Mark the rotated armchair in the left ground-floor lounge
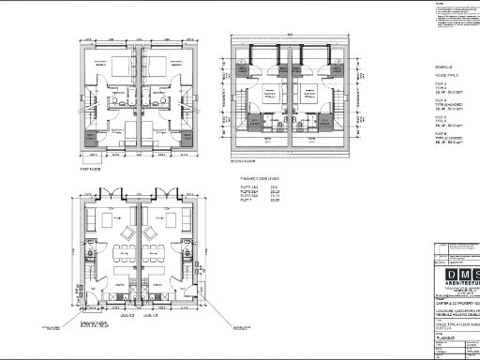tap(124, 231)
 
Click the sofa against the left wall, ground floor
tap(100, 226)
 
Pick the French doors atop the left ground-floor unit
tap(113, 197)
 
